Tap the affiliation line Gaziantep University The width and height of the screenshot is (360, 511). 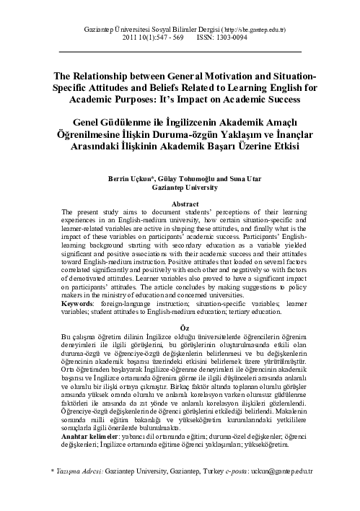point(180,185)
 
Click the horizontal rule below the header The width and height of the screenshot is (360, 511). point(180,53)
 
